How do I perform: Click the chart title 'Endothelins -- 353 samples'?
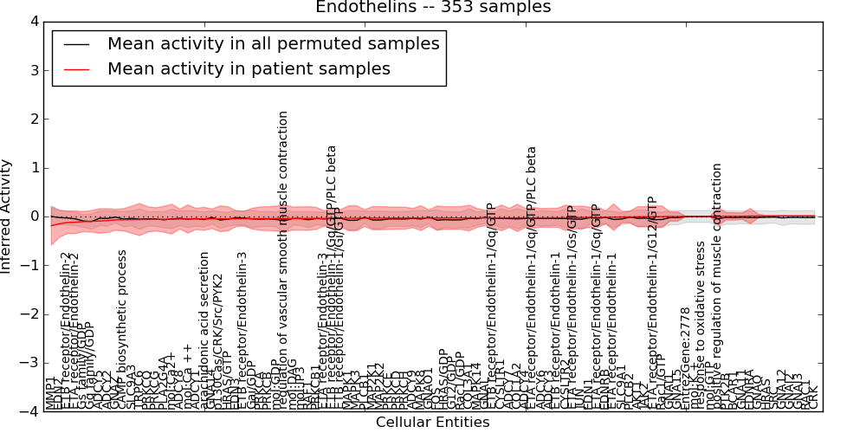tap(433, 8)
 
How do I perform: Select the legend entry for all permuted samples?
tap(273, 43)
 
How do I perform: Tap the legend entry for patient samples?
tap(249, 68)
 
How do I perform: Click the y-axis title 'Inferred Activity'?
tap(8, 216)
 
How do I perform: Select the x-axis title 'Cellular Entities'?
tap(432, 423)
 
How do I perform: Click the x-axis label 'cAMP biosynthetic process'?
tap(122, 329)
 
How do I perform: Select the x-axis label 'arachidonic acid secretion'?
tap(205, 330)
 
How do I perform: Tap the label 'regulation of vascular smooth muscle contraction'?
tap(283, 260)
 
